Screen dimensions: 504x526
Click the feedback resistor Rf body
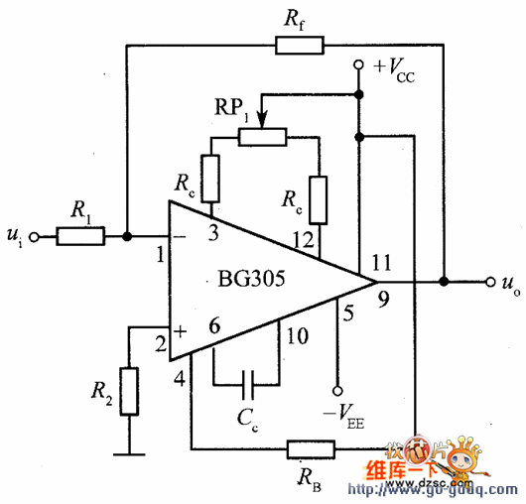pos(300,44)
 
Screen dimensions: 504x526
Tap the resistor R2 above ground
pos(128,388)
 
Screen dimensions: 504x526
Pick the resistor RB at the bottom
pos(309,450)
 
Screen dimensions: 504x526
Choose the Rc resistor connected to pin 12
pos(318,193)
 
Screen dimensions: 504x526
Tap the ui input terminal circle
pos(36,237)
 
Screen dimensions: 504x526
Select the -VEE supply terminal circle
pos(337,390)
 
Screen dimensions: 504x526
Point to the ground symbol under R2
pos(128,455)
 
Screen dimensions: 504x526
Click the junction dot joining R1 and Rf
pos(128,237)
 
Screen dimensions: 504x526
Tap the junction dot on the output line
pos(444,282)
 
